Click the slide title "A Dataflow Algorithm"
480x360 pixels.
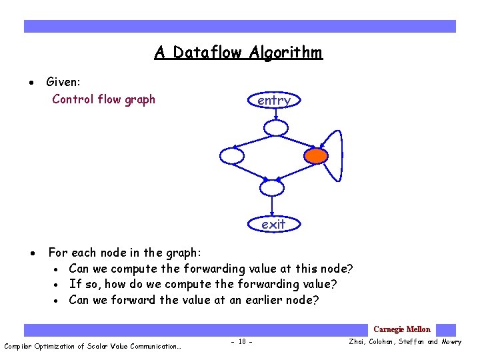(x=239, y=52)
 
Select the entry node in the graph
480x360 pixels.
(x=273, y=100)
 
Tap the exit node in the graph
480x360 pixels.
(x=273, y=224)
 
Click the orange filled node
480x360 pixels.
(x=316, y=156)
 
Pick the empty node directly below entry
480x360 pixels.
(x=275, y=128)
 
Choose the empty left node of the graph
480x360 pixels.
(x=232, y=156)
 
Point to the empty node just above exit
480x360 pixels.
(x=272, y=188)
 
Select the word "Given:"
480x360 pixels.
(x=63, y=82)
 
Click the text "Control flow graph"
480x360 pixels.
(x=103, y=99)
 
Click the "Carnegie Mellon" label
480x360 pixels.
(x=402, y=329)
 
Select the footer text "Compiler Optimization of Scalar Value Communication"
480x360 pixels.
(x=92, y=346)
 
